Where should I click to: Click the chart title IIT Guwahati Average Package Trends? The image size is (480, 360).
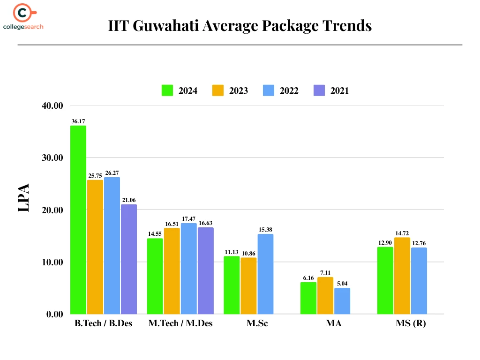pyautogui.click(x=240, y=25)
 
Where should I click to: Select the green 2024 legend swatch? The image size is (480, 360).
pyautogui.click(x=167, y=90)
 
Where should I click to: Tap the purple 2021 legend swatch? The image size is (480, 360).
pyautogui.click(x=319, y=90)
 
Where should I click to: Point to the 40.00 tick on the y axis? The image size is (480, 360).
pyautogui.click(x=52, y=105)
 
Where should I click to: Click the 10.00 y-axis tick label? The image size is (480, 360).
pyautogui.click(x=52, y=262)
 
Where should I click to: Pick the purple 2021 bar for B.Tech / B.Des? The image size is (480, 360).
pyautogui.click(x=129, y=259)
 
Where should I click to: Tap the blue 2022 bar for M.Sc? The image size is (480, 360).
pyautogui.click(x=265, y=274)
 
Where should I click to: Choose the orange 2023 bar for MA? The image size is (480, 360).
pyautogui.click(x=325, y=295)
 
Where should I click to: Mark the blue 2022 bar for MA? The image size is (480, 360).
pyautogui.click(x=342, y=301)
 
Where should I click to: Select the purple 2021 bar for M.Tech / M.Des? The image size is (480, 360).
pyautogui.click(x=206, y=270)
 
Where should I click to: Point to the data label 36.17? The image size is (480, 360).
pyautogui.click(x=78, y=121)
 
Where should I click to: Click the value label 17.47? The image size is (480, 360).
pyautogui.click(x=189, y=219)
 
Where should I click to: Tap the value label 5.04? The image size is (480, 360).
pyautogui.click(x=342, y=284)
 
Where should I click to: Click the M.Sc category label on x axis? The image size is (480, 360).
pyautogui.click(x=257, y=324)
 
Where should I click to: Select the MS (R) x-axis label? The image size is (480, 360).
pyautogui.click(x=411, y=324)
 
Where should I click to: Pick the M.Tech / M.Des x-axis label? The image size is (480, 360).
pyautogui.click(x=180, y=324)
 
